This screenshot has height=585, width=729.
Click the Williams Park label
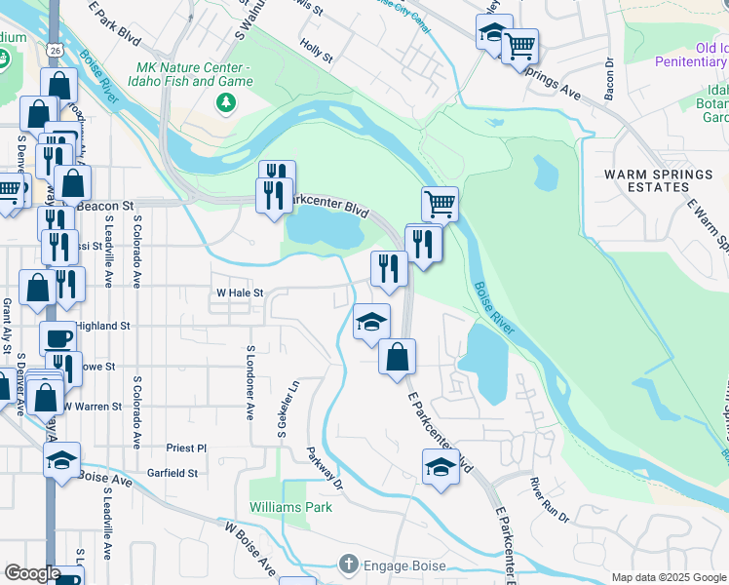290,507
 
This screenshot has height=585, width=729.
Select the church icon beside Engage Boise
349,565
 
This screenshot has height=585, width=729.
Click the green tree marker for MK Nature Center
227,102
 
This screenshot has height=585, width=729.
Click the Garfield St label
173,473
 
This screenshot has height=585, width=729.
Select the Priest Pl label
186,448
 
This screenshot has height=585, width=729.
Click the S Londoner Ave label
250,382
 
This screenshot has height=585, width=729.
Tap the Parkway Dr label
325,469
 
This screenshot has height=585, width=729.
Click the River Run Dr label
549,496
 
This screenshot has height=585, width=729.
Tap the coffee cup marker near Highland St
58,338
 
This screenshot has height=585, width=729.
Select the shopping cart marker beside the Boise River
440,204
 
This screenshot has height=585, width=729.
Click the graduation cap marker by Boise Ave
62,459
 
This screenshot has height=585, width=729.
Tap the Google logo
32,573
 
